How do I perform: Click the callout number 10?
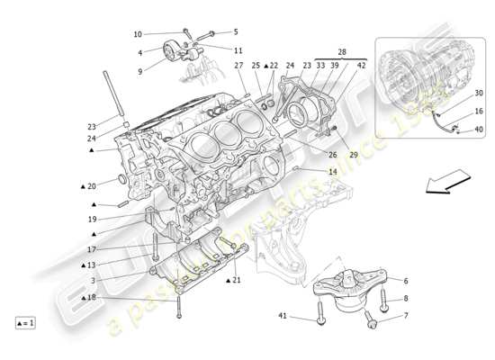[138, 34]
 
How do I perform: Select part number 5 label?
[237, 32]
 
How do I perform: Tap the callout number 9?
[140, 71]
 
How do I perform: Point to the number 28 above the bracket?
[342, 54]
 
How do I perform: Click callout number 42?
[362, 66]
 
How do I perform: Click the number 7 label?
[405, 316]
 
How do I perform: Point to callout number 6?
[406, 282]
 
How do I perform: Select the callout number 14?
[332, 171]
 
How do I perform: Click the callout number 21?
[236, 281]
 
